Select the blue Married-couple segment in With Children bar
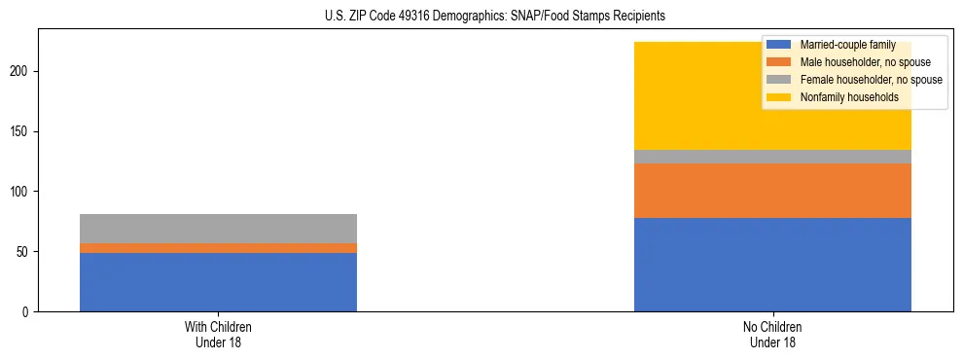click(x=218, y=282)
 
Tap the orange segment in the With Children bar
click(x=218, y=248)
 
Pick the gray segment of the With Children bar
click(x=218, y=229)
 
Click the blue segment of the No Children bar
click(x=772, y=265)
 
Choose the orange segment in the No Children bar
click(x=772, y=191)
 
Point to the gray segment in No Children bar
click(x=772, y=157)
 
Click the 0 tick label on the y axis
click(x=28, y=312)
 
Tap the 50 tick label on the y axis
click(x=25, y=252)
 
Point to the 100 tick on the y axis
click(x=22, y=192)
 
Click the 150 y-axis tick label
click(x=22, y=131)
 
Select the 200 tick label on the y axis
click(x=22, y=72)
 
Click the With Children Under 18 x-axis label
click(x=218, y=334)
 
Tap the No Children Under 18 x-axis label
click(x=772, y=334)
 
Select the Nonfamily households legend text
click(x=849, y=97)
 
